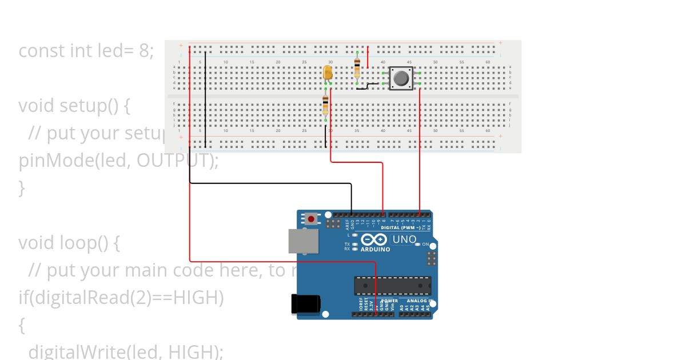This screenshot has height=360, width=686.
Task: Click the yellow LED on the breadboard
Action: point(328,73)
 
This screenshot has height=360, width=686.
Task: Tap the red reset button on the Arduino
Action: point(311,218)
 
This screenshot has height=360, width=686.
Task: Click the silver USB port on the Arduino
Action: point(304,241)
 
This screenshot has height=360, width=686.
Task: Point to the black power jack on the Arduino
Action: point(305,304)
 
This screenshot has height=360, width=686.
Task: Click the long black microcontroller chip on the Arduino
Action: point(392,285)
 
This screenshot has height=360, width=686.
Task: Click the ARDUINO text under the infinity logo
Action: point(375,249)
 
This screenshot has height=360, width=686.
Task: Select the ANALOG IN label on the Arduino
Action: point(420,301)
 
